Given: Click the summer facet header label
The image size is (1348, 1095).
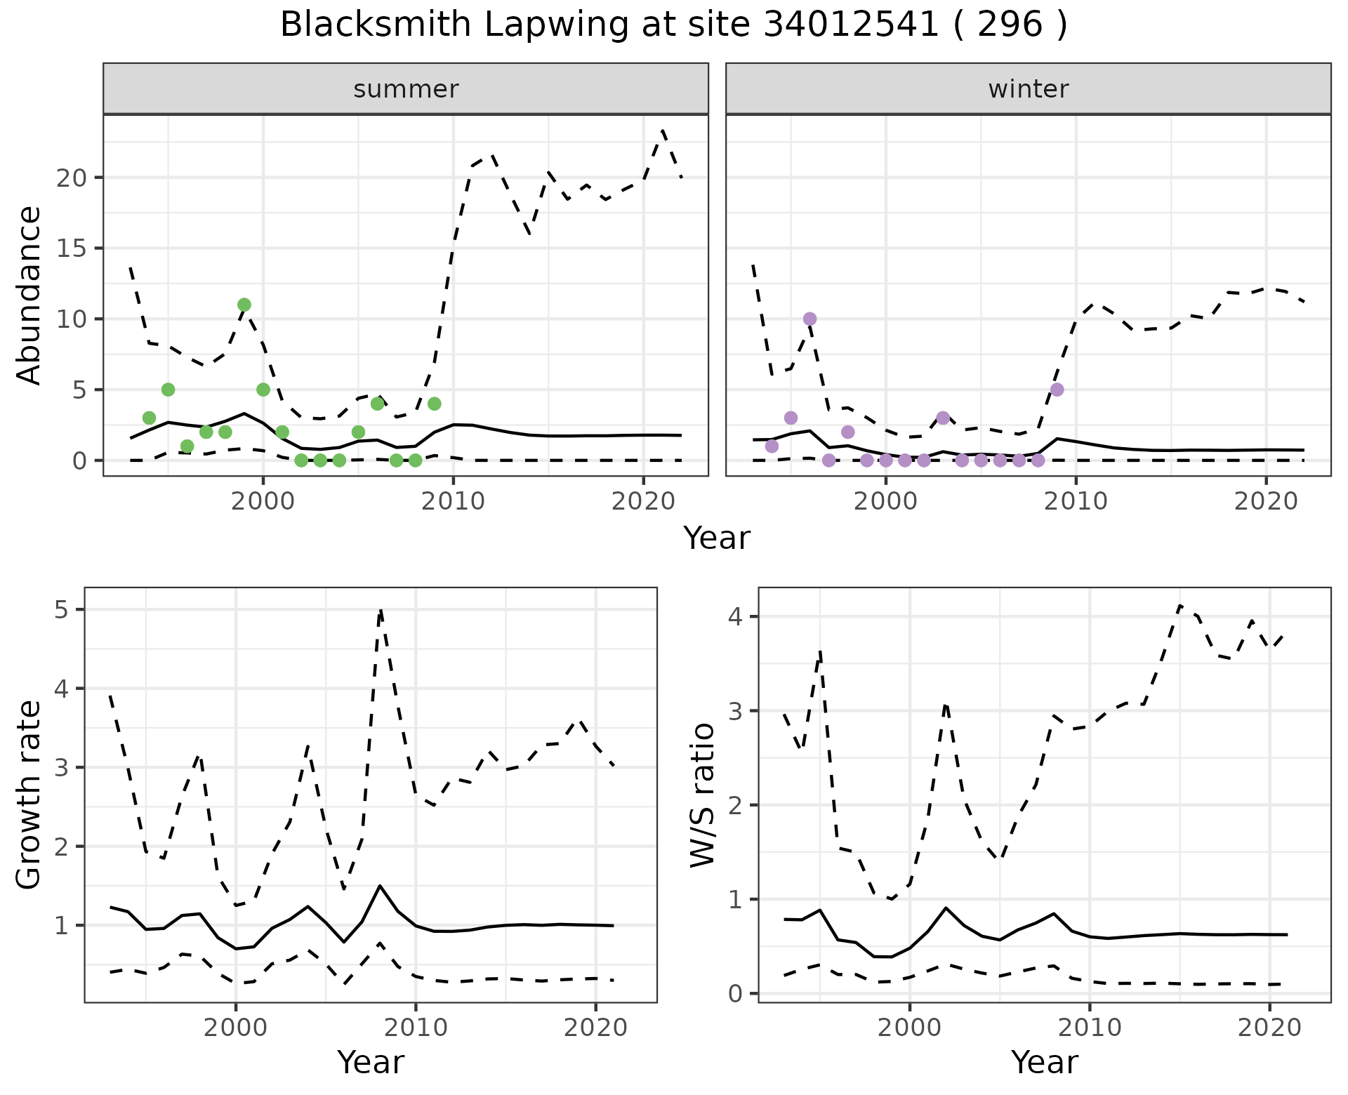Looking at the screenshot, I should coord(406,89).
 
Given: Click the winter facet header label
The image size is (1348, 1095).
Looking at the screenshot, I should coord(1028,89).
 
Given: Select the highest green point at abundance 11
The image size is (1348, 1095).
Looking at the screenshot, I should coord(244,305).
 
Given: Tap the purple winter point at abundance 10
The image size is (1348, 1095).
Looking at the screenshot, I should coord(810,319).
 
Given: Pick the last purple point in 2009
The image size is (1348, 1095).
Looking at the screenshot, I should coord(1057,390).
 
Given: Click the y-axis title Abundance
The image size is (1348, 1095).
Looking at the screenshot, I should coord(29,296).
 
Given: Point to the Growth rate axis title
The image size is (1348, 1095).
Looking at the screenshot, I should coord(29,795).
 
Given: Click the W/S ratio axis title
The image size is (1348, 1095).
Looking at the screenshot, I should coord(703,795).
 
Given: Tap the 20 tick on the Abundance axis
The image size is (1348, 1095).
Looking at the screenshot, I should coord(72,178).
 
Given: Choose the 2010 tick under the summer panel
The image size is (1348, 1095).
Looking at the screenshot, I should coord(453,501).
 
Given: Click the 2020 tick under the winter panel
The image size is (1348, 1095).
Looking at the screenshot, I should coord(1266,501).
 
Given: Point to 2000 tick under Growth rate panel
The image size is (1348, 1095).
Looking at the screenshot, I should coord(236,1028).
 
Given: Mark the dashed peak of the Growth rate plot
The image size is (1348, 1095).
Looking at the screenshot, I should coord(381,611).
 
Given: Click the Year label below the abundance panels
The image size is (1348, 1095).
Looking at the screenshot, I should coord(717,538).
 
